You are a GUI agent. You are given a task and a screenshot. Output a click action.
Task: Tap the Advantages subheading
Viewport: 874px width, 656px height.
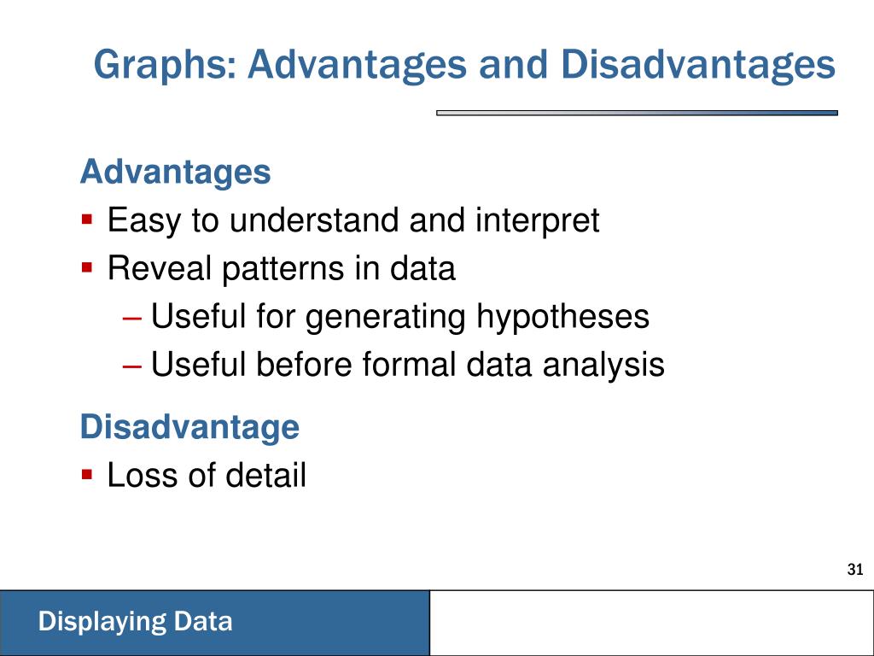176,172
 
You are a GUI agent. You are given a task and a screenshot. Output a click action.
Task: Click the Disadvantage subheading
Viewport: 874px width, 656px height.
190,427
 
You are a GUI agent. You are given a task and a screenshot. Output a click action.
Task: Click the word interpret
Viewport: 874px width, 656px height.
538,221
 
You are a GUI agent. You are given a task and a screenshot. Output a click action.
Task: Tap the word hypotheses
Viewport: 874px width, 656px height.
562,317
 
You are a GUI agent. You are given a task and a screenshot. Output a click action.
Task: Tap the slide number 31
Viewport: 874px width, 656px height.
854,569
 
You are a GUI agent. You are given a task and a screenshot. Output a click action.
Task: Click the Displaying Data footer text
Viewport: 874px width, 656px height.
136,622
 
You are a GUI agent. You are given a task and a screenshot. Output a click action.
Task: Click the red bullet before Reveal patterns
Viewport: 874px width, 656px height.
86,266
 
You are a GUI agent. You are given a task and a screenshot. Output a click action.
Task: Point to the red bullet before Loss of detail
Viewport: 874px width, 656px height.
86,474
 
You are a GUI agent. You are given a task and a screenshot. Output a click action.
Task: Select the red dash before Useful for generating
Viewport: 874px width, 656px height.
132,319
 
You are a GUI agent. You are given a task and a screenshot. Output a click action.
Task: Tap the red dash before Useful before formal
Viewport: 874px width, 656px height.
132,367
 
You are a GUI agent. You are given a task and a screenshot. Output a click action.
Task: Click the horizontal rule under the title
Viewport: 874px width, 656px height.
637,113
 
